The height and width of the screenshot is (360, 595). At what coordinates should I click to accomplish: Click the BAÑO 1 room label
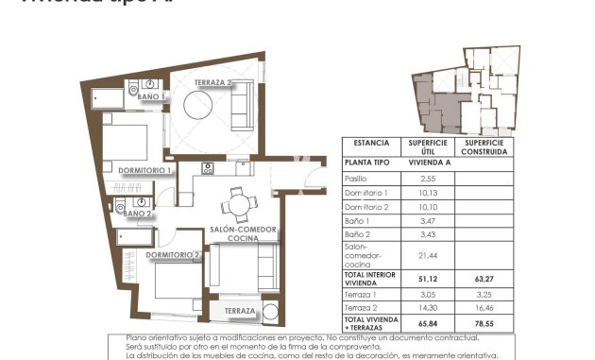150,96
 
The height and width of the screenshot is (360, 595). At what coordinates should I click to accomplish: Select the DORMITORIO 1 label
144,170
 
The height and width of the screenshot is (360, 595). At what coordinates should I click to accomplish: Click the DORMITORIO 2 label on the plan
173,254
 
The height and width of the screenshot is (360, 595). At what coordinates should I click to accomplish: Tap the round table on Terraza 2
199,108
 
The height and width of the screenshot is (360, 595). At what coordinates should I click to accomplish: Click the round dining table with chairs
238,202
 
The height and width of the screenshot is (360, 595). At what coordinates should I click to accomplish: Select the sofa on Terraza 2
241,106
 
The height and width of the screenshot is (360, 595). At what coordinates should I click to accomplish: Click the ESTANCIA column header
371,144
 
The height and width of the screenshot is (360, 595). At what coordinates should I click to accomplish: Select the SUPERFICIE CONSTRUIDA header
484,146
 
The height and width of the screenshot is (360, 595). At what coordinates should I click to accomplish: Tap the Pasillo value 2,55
427,178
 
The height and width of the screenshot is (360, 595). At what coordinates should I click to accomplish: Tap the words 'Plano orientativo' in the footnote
157,337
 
